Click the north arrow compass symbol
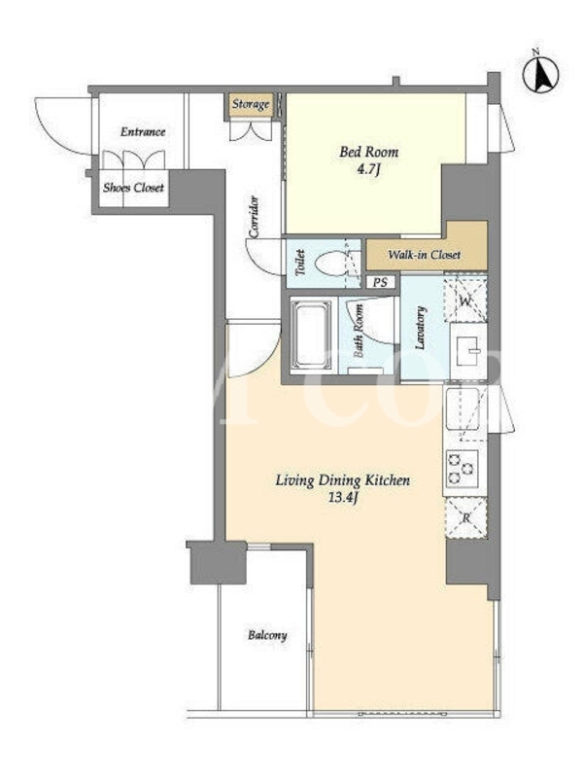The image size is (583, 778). [541, 72]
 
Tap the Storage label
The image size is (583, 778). [251, 104]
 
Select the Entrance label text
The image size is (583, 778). [143, 131]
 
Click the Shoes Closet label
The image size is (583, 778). [133, 188]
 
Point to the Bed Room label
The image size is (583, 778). [368, 152]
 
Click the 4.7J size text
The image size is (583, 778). [368, 169]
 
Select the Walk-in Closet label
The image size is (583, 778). [424, 255]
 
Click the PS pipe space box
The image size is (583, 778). [380, 282]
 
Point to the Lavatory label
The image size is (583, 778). [421, 329]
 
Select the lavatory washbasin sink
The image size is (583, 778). [468, 351]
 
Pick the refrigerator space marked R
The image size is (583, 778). [466, 518]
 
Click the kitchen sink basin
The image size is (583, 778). [463, 408]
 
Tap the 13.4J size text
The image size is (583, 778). [343, 498]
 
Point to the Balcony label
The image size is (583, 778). [267, 635]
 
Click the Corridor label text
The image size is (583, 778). [255, 217]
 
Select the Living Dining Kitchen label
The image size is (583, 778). [343, 480]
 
